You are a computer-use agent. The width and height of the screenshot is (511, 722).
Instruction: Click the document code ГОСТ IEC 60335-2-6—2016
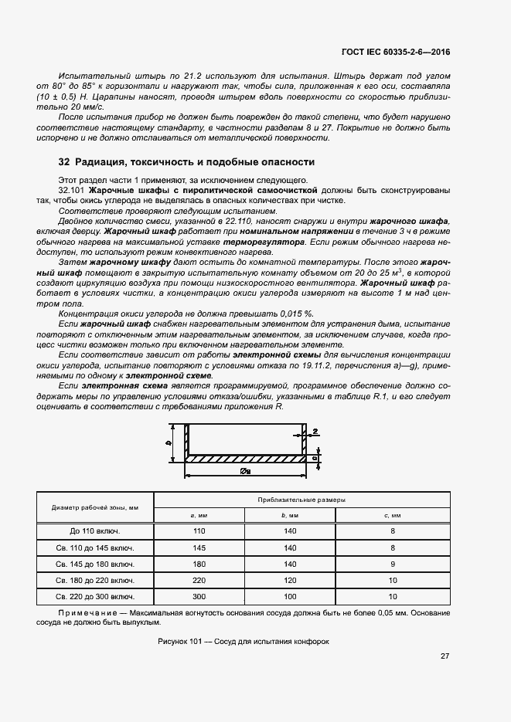pyautogui.click(x=395, y=52)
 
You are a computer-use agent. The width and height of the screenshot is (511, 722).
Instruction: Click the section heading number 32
pyautogui.click(x=65, y=163)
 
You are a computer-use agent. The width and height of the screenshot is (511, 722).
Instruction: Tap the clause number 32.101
pyautogui.click(x=73, y=189)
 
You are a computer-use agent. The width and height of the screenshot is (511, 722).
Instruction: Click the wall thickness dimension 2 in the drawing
pyautogui.click(x=315, y=432)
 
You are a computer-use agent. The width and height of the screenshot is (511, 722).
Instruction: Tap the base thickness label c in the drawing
pyautogui.click(x=315, y=458)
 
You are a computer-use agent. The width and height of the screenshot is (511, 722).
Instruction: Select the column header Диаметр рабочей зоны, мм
pyautogui.click(x=95, y=507)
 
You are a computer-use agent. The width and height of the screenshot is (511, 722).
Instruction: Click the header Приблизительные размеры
pyautogui.click(x=301, y=500)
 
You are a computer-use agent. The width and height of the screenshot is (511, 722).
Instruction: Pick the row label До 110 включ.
pyautogui.click(x=95, y=531)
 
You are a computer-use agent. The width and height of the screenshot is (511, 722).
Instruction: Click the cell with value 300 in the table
pyautogui.click(x=199, y=597)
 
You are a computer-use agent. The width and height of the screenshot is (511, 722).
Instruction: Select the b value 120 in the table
pyautogui.click(x=290, y=580)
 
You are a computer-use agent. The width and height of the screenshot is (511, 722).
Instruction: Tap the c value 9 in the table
pyautogui.click(x=393, y=564)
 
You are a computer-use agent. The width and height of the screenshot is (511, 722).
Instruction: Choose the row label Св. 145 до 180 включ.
pyautogui.click(x=95, y=564)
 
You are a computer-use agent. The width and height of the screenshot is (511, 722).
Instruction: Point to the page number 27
pyautogui.click(x=445, y=656)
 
